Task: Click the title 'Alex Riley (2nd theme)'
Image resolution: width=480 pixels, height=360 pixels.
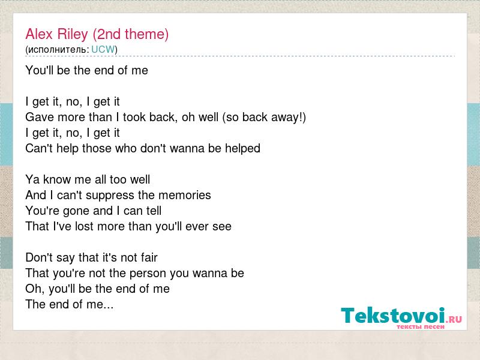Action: pos(97,34)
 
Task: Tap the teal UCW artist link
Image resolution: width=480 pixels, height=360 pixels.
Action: pos(103,49)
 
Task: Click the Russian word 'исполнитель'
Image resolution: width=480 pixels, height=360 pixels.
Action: pos(57,50)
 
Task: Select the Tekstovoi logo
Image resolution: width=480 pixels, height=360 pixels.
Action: pos(401,318)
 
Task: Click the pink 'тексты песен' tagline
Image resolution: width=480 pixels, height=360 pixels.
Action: pos(421,326)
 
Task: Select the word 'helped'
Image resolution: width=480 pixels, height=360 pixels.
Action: pos(243,149)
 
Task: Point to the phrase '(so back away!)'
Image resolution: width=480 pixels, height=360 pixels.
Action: pos(264,118)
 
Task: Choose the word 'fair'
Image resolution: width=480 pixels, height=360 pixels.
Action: pos(149,257)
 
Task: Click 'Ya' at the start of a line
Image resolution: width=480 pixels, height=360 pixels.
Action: pos(32,179)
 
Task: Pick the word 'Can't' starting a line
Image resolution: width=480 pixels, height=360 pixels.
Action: pos(39,148)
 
